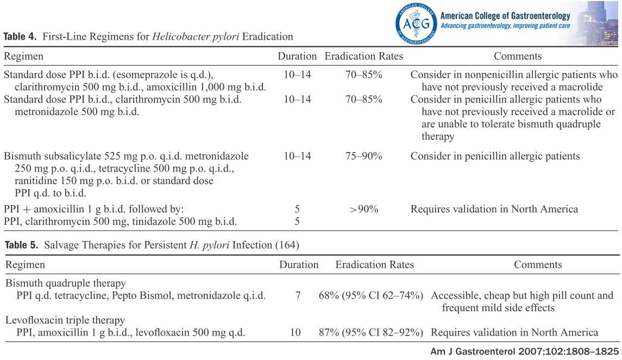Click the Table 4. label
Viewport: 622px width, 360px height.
(20, 37)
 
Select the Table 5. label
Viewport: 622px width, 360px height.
(21, 245)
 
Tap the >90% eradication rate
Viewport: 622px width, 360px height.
(363, 209)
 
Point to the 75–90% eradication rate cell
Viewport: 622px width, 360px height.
(363, 156)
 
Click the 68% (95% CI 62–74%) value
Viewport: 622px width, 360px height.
(371, 296)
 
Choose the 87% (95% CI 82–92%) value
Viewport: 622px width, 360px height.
(371, 332)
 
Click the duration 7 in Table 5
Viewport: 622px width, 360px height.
(298, 296)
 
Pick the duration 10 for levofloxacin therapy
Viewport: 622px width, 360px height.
(295, 332)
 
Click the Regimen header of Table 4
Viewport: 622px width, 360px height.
(23, 56)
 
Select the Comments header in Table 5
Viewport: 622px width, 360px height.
(537, 265)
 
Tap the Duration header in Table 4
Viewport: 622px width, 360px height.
(297, 56)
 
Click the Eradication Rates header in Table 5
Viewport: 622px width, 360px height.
(374, 265)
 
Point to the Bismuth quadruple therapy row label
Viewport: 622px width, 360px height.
(66, 283)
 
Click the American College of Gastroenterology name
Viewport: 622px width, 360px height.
(505, 16)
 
